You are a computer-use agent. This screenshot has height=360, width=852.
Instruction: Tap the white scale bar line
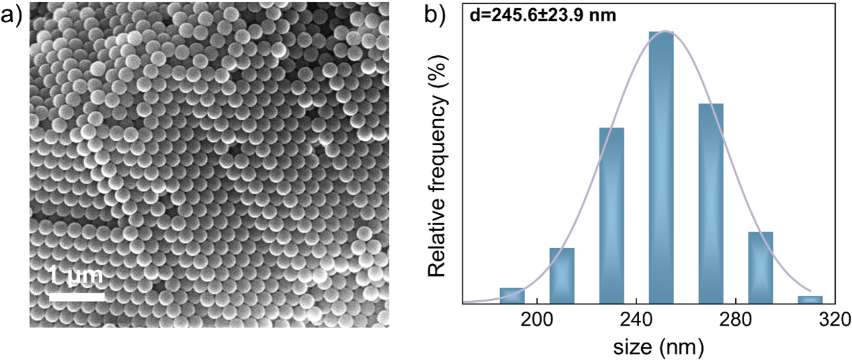click(x=77, y=296)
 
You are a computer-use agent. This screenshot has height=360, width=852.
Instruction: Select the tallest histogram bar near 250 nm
click(x=661, y=167)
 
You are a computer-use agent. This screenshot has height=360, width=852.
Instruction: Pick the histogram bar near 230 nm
click(x=611, y=215)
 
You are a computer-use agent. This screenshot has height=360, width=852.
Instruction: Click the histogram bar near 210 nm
click(x=561, y=275)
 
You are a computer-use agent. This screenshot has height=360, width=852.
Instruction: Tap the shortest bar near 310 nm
click(x=810, y=300)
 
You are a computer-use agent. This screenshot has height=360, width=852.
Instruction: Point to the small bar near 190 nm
click(x=512, y=296)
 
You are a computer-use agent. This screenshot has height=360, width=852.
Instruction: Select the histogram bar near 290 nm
click(x=760, y=267)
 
